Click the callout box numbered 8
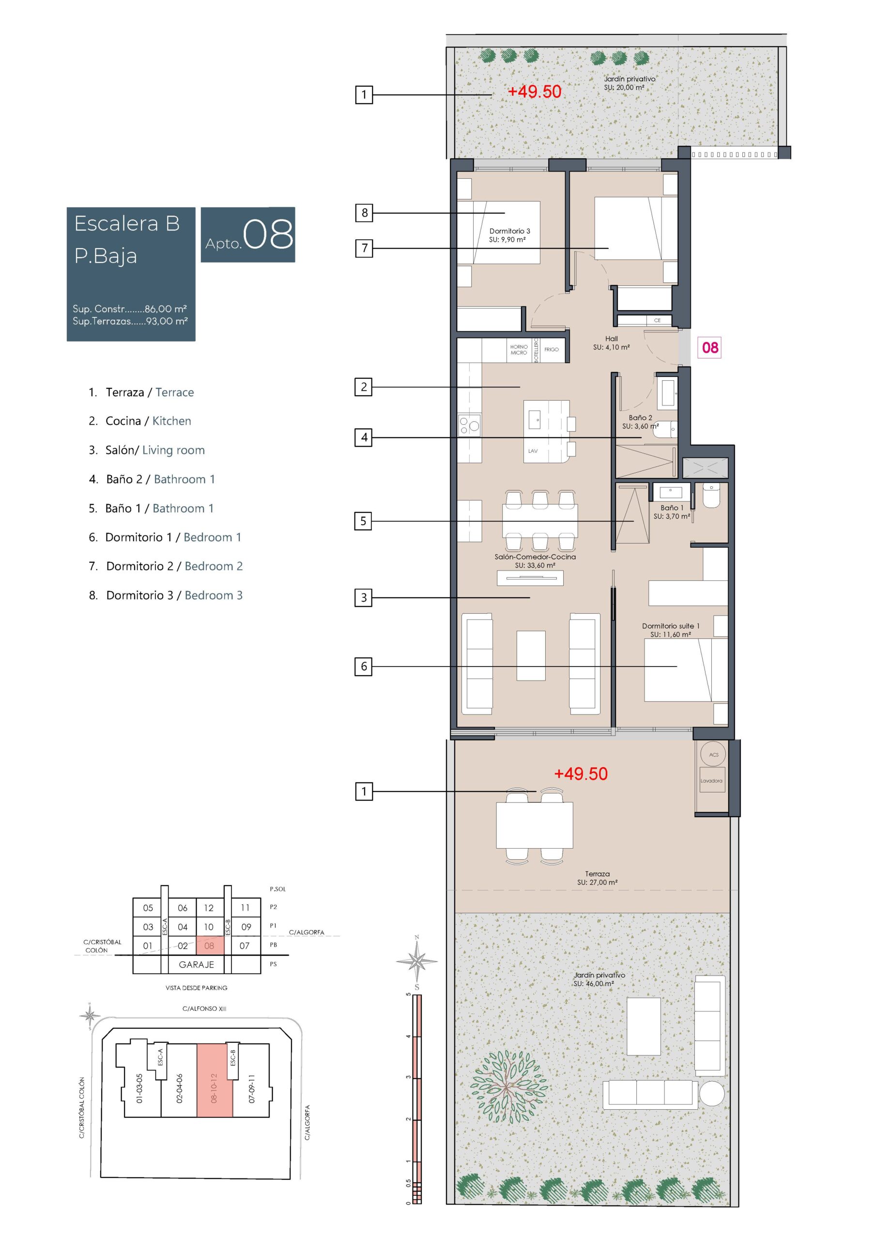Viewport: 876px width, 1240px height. [364, 213]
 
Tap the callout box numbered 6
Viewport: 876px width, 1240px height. [364, 666]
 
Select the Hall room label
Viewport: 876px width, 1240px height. [612, 339]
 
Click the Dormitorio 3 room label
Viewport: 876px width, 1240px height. [509, 231]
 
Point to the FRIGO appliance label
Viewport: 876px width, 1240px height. [552, 349]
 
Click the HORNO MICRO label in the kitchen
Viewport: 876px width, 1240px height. [519, 349]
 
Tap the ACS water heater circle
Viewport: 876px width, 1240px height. [713, 755]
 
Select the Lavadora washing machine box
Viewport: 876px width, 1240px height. [711, 781]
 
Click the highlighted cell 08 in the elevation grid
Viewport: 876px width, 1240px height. [209, 945]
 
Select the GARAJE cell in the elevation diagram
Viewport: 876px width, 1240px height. [196, 964]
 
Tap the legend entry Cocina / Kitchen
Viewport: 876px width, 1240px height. [140, 421]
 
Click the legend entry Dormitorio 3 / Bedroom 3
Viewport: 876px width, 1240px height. [166, 595]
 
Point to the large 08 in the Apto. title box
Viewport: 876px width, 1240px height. [268, 234]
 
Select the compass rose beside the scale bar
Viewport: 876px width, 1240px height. [416, 961]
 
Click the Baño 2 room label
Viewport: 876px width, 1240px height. [640, 418]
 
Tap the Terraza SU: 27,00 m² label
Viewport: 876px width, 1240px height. [598, 878]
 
